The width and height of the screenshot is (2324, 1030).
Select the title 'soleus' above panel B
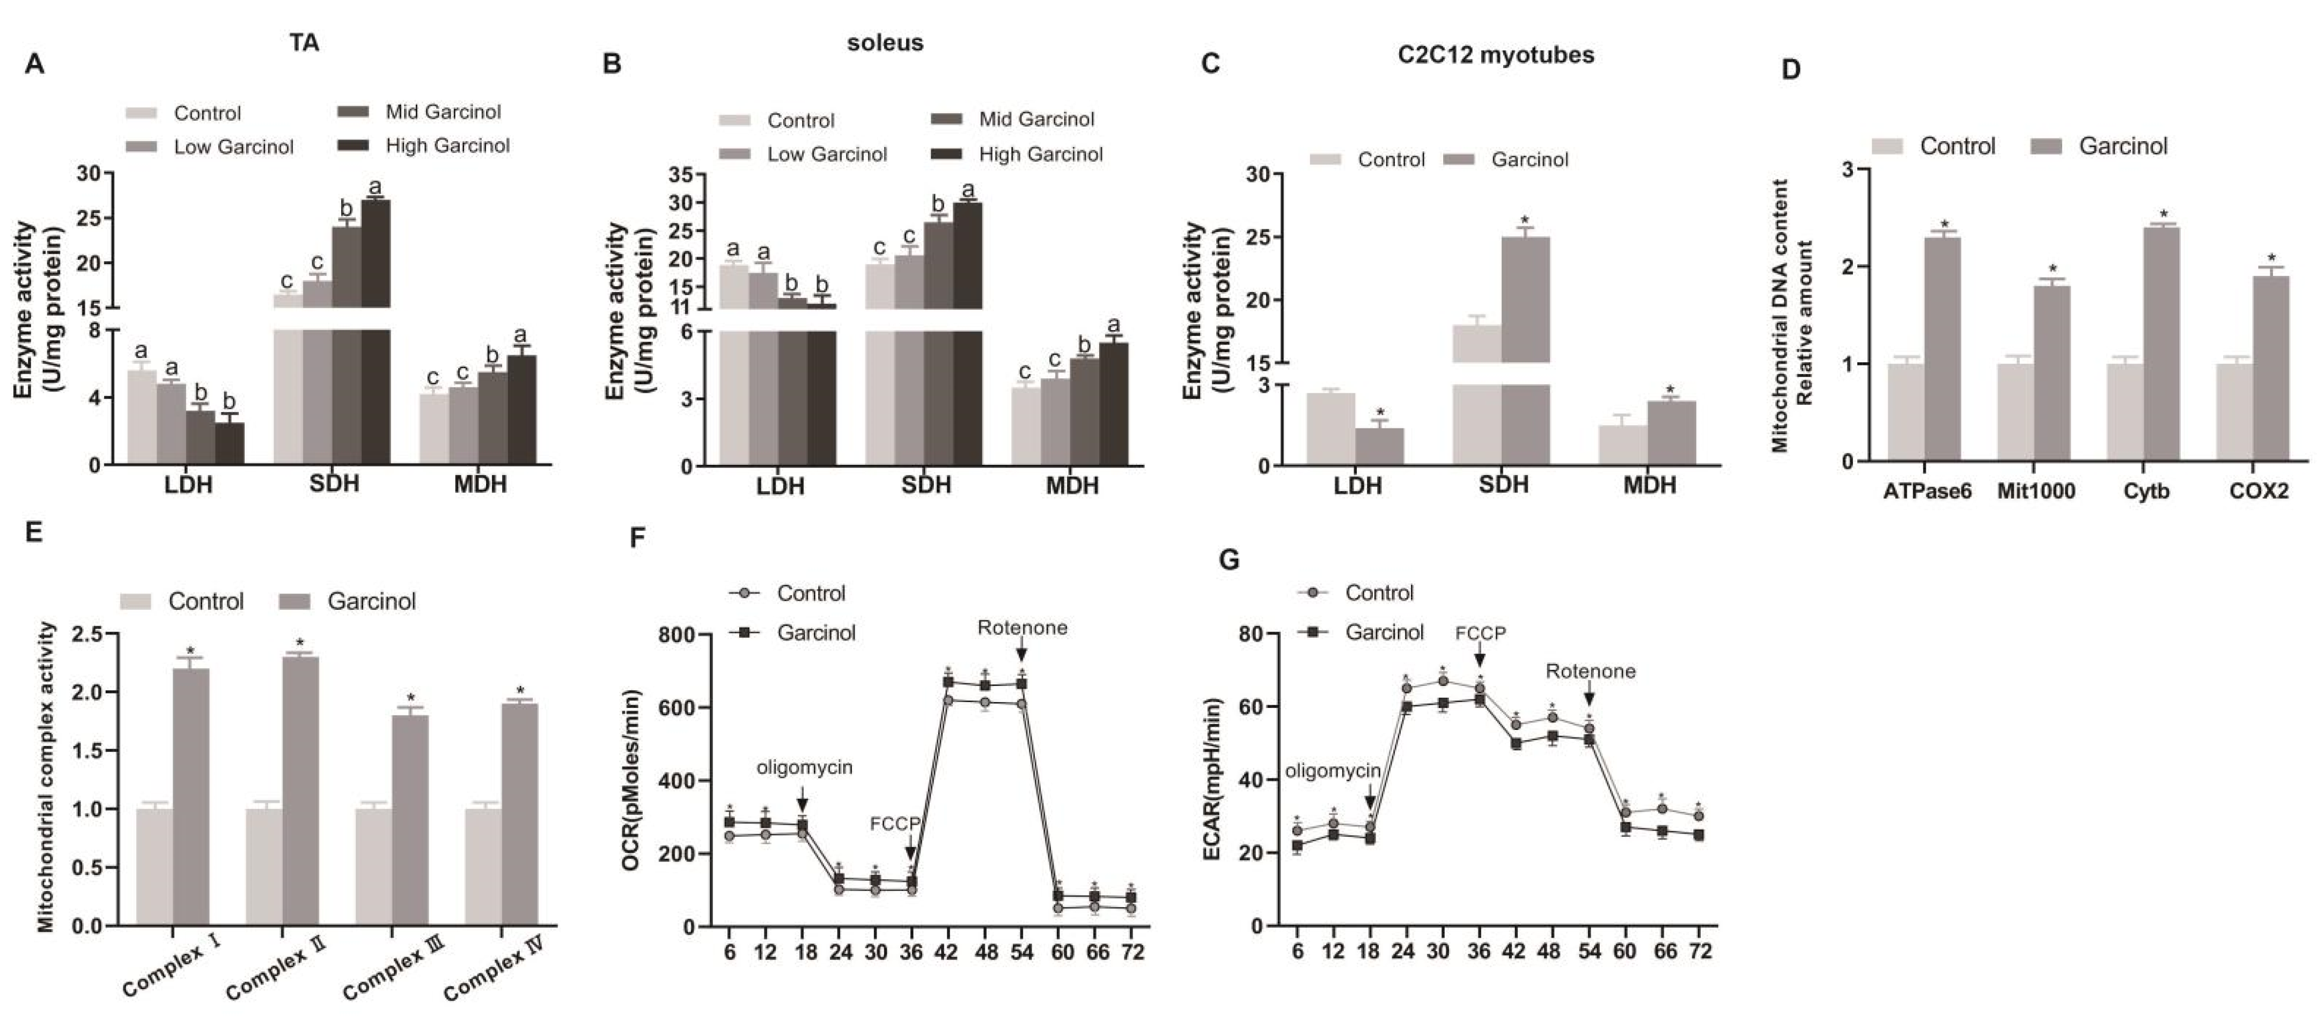[x=885, y=42]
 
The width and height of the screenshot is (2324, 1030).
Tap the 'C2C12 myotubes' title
[x=1496, y=55]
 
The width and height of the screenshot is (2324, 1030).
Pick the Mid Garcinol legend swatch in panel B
[x=945, y=119]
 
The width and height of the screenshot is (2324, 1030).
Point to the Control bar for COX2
[x=2235, y=413]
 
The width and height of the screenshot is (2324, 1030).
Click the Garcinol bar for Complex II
[x=300, y=791]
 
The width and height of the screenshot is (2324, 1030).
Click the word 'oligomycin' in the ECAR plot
[x=1333, y=771]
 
